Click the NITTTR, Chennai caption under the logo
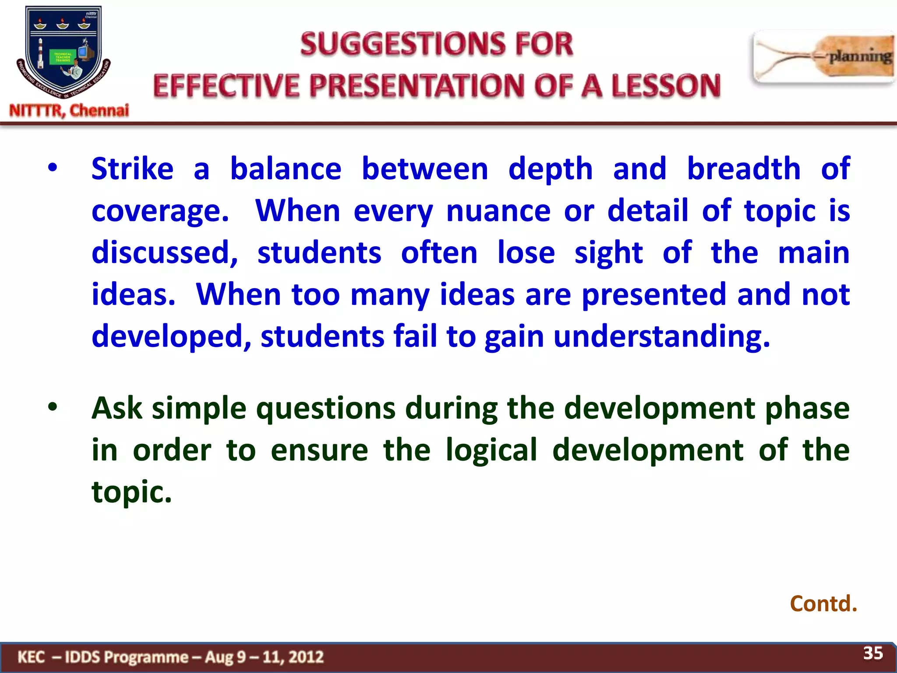[x=69, y=110]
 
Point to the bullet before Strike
[x=53, y=168]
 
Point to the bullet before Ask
[x=53, y=407]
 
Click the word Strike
[x=132, y=169]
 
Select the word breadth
[x=743, y=169]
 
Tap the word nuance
[x=498, y=211]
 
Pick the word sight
[x=608, y=254]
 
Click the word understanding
[x=661, y=337]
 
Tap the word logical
[x=491, y=450]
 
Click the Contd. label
[x=823, y=604]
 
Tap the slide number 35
[x=872, y=653]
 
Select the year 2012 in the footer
[x=306, y=657]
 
